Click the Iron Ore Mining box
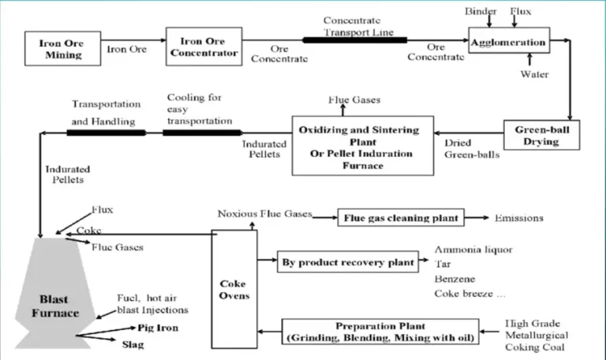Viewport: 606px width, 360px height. coord(60,49)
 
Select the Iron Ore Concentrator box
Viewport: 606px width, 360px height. coord(202,47)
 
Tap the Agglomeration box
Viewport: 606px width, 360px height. coord(508,43)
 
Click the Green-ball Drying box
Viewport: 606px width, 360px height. coord(536,135)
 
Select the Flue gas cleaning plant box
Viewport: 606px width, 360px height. coord(400,217)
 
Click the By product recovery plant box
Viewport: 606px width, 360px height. coord(348,262)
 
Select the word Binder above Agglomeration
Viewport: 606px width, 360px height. coord(481,12)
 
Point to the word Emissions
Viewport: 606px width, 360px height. coord(518,217)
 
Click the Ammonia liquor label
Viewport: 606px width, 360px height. coord(473,249)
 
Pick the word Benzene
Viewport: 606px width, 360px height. coord(454,279)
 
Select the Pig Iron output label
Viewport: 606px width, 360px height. coord(159,327)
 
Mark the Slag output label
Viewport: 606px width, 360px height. coord(133,344)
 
